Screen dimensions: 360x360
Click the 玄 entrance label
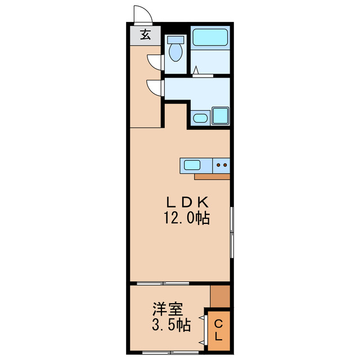click(x=145, y=34)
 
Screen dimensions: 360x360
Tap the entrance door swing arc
click(x=141, y=13)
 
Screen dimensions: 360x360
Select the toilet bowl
click(x=176, y=53)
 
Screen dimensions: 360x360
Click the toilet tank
click(x=176, y=40)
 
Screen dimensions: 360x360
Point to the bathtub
click(x=210, y=37)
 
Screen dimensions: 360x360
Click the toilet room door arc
click(x=154, y=62)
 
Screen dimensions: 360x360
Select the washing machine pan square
click(x=220, y=116)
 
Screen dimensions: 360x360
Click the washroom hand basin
click(x=200, y=118)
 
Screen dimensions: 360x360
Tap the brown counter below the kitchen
click(x=212, y=177)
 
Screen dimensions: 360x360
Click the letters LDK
click(x=187, y=202)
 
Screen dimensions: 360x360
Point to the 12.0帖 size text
click(x=187, y=218)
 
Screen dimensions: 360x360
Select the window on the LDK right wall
click(x=232, y=231)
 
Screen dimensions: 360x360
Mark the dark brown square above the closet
click(x=220, y=296)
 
